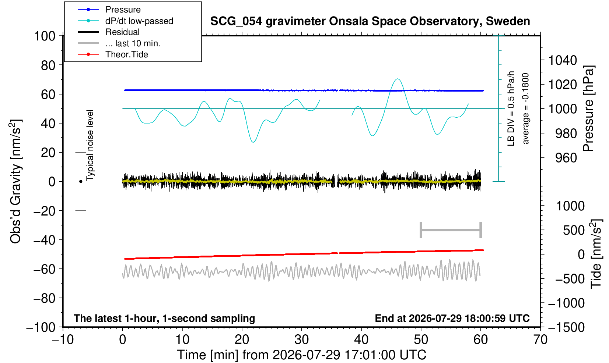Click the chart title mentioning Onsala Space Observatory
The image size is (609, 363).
coord(370,21)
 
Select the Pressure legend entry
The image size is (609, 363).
coord(109,10)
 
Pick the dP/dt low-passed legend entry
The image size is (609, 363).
coord(125,21)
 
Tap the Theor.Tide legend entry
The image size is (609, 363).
coord(113,54)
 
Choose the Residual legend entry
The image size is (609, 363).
coord(109,32)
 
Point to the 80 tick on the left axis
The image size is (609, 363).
coord(48,65)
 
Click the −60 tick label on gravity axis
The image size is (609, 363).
coord(45,269)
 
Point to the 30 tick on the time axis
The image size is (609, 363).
coord(301,340)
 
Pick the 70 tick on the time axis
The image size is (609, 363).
coord(540,340)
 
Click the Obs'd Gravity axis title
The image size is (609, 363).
coord(15,181)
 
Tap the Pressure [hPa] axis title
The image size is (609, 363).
coord(589,108)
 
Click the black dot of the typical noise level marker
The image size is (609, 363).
coord(81,181)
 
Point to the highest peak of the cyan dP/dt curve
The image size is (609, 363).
coord(398,79)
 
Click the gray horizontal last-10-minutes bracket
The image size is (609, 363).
coord(451,230)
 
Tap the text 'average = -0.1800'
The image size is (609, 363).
coord(526,108)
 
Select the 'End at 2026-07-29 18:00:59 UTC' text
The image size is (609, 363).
coord(452,318)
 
